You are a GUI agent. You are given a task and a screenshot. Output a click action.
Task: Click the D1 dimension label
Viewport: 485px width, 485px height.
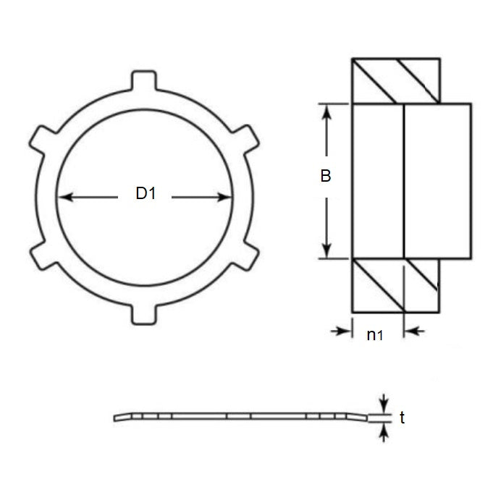(145, 193)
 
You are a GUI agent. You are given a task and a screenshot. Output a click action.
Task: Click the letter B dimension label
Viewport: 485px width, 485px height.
(326, 176)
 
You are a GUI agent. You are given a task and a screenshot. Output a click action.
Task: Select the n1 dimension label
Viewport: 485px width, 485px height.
(374, 334)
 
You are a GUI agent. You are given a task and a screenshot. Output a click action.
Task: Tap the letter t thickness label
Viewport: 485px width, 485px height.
(402, 418)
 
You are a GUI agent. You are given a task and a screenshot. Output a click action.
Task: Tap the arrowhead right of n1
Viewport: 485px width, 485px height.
(409, 331)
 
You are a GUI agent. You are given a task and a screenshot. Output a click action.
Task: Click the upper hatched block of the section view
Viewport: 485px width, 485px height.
(395, 80)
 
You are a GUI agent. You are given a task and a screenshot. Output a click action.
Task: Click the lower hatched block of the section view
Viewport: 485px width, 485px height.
(395, 285)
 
